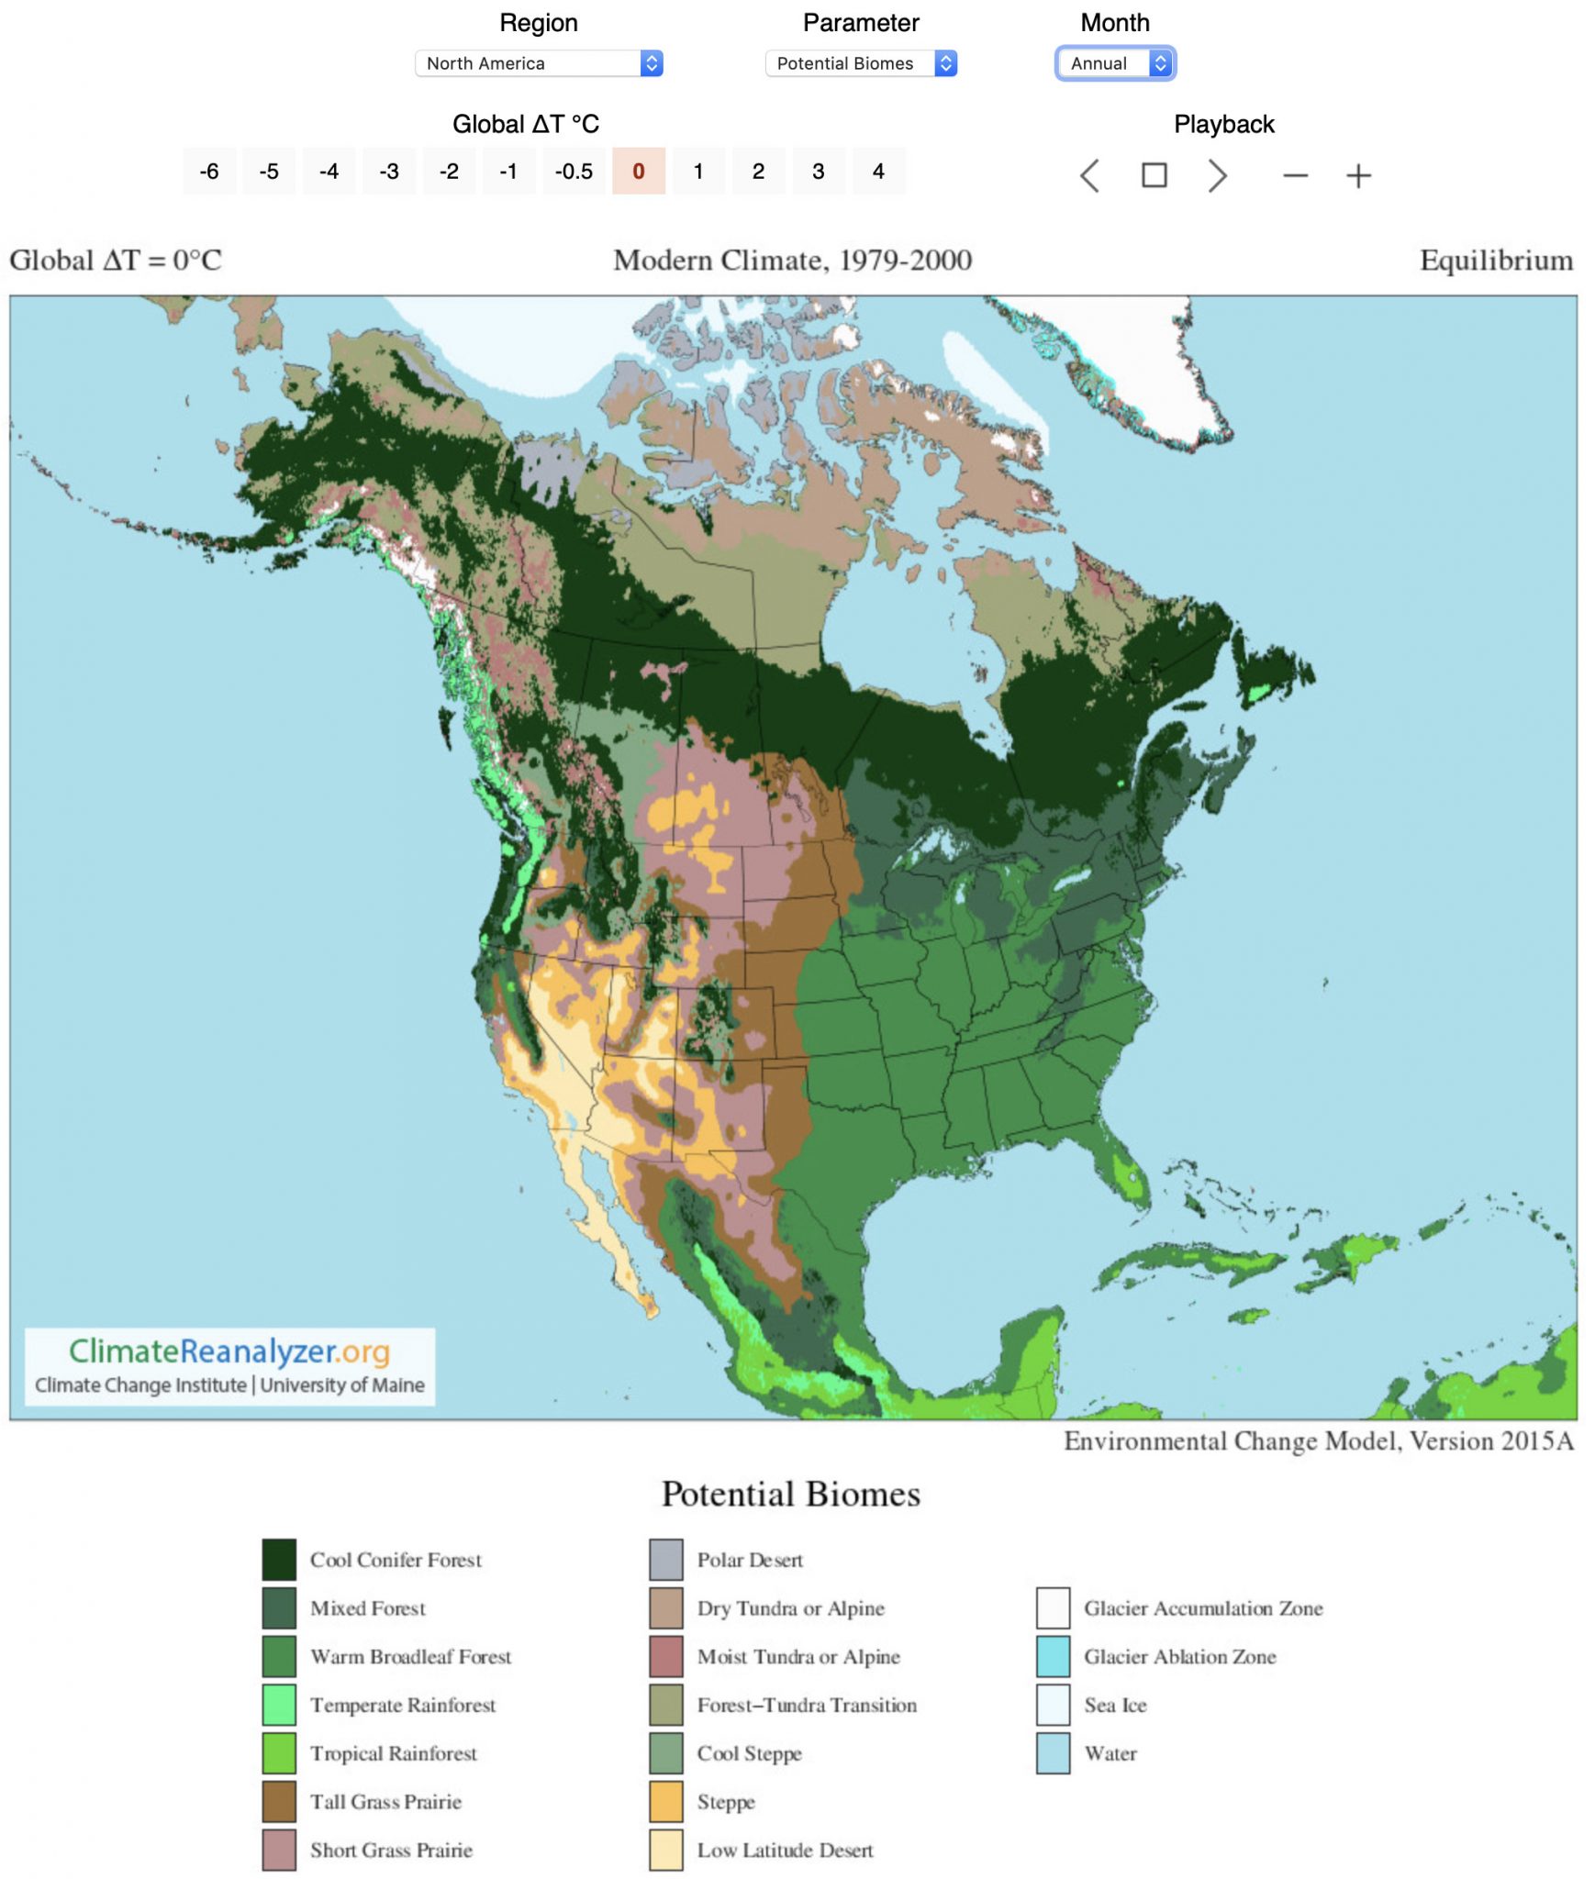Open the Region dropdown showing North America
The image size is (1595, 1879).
click(x=538, y=63)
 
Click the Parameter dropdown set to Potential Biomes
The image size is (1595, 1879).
click(x=860, y=63)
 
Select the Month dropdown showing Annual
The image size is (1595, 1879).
click(x=1114, y=63)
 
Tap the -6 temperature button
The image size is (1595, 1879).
click(x=209, y=172)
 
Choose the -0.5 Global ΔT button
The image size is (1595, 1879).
click(x=574, y=172)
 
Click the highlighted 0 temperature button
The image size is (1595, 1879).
click(x=638, y=172)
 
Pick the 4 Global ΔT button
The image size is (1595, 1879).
click(x=877, y=172)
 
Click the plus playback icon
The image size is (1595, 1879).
click(x=1357, y=175)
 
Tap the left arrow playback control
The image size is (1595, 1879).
click(x=1089, y=175)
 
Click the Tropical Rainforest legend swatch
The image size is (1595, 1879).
click(x=279, y=1752)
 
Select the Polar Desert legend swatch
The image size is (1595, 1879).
click(x=665, y=1559)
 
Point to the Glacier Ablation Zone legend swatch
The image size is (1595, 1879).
click(x=1053, y=1656)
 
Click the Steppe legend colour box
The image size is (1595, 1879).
click(x=665, y=1801)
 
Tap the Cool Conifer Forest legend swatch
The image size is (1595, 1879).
click(x=279, y=1559)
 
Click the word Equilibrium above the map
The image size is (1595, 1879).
click(x=1495, y=261)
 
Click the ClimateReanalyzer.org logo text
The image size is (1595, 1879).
click(x=229, y=1351)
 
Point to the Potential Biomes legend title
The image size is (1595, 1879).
click(x=790, y=1495)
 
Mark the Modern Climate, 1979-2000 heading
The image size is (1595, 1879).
click(x=792, y=261)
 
